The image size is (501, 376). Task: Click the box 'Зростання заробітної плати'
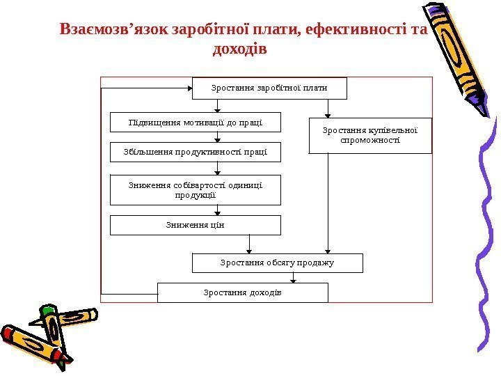coord(269,88)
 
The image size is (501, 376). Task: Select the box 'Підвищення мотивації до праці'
coord(196,122)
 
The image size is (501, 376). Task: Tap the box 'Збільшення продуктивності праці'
coord(196,152)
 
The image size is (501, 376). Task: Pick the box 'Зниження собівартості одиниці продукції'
coord(196,189)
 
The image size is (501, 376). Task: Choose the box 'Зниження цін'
coord(196,224)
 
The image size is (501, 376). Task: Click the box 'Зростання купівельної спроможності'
coord(370,135)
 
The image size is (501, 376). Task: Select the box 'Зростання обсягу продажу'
coord(277,263)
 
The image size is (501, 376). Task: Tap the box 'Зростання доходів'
coord(242,292)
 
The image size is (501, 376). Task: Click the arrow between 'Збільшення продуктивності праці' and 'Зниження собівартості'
coord(218,169)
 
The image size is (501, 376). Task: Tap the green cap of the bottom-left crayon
coord(48,311)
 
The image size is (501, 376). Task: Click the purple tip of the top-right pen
coord(485,107)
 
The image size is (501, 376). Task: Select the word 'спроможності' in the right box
coord(370,140)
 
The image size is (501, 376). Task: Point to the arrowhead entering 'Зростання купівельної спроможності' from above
coord(328,116)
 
